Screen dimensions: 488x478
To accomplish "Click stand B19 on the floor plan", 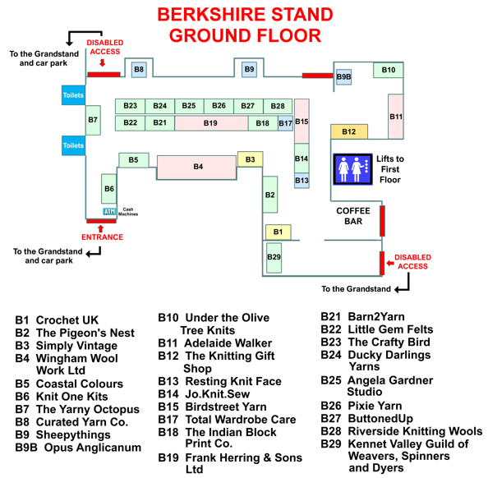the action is tap(211, 123).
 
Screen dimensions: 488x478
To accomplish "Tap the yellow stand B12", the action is tap(349, 131).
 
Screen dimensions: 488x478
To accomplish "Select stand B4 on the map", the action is tap(196, 168).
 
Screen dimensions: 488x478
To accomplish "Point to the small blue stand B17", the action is tap(285, 123).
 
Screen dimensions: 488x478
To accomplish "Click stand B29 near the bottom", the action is tap(274, 258).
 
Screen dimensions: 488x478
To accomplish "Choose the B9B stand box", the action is tap(344, 77).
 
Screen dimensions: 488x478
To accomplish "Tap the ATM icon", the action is tap(109, 212).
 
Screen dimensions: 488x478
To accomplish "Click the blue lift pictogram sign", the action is tap(352, 169).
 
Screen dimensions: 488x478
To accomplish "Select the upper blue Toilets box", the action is tap(73, 95).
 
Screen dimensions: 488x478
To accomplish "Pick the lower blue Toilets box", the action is tap(73, 145).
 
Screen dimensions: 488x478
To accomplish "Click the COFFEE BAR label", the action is tap(353, 216).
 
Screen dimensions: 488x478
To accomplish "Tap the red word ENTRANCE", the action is tap(102, 237).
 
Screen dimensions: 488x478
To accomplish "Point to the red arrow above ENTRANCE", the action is tap(100, 228).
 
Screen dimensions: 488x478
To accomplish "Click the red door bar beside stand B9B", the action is tap(317, 76).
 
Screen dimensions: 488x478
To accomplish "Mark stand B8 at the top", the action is tap(139, 69).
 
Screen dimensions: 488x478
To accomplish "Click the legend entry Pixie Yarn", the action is tap(375, 406).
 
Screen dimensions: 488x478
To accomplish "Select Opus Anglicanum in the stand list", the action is tap(93, 448).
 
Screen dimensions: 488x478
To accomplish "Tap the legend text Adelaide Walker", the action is tap(228, 343).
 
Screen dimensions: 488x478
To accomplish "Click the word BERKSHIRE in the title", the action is tap(212, 14).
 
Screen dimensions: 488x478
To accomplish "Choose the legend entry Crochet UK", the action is tap(67, 320).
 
